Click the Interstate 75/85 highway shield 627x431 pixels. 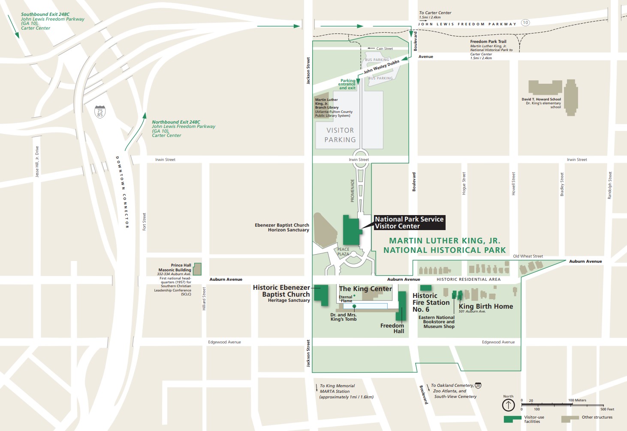pos(100,112)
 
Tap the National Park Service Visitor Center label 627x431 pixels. pos(409,222)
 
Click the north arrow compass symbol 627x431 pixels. pos(508,405)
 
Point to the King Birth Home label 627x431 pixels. pos(485,307)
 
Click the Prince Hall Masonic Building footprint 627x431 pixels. pos(197,269)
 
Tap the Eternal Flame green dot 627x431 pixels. pos(354,296)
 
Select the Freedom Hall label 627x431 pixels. pos(392,328)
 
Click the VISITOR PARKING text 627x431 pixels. pos(340,135)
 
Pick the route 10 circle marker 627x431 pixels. pos(525,23)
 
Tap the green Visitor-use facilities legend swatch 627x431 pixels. pos(512,418)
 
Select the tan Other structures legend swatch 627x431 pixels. pos(570,418)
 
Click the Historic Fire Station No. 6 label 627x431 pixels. pos(431,302)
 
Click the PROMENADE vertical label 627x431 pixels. pos(353,191)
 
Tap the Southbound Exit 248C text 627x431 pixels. pos(45,15)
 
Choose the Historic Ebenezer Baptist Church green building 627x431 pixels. pos(321,294)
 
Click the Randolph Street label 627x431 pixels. pos(610,185)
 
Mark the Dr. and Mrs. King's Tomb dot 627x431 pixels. pos(354,306)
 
